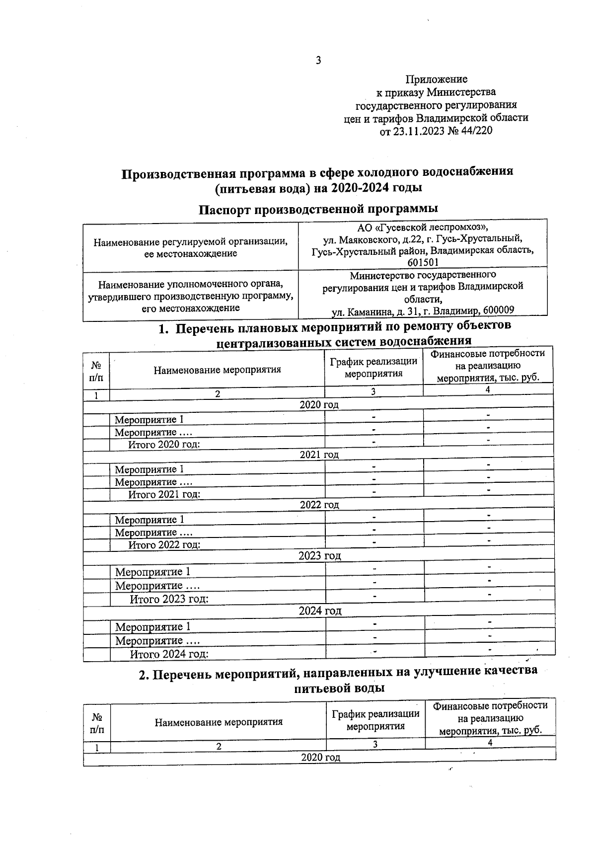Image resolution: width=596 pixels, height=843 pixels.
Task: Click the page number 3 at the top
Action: (318, 61)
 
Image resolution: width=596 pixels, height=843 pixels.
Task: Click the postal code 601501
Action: (423, 262)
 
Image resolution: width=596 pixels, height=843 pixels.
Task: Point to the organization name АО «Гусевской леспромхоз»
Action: (423, 228)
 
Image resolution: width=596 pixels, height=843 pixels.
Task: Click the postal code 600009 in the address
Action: (497, 311)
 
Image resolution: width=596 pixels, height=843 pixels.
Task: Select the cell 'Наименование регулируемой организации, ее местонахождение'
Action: (191, 247)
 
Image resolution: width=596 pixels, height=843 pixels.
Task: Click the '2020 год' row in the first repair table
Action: (319, 404)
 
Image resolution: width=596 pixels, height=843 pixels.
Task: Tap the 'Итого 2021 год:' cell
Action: (164, 494)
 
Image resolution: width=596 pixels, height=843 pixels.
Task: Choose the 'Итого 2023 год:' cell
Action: (169, 599)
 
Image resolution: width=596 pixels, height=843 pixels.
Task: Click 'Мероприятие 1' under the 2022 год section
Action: (149, 520)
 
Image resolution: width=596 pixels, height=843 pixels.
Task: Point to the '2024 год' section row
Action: (320, 611)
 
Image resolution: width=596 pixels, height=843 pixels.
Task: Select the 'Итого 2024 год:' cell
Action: (169, 654)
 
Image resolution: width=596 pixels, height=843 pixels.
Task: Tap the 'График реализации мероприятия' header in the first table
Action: (373, 368)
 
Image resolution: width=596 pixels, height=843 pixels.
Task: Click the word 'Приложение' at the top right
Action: (437, 79)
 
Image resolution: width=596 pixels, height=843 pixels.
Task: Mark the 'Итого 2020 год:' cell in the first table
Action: (164, 444)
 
